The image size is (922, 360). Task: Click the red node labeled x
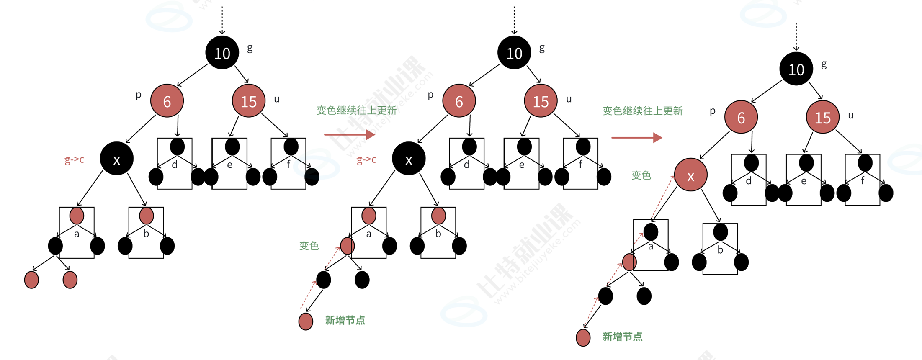690,175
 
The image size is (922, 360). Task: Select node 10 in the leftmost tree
222,53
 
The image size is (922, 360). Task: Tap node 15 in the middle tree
541,101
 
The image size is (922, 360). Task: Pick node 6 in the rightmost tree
741,117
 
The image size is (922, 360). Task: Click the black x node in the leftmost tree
116,159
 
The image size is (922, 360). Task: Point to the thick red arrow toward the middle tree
349,134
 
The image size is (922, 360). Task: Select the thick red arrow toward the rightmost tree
636,137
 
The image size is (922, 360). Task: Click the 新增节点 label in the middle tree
345,320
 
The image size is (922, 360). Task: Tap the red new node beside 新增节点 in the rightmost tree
583,338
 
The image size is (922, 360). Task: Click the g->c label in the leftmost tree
75,159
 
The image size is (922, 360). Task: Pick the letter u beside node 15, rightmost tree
850,116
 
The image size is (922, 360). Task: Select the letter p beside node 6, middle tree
430,95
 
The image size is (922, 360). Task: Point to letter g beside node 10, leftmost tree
250,48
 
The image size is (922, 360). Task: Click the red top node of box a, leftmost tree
77,216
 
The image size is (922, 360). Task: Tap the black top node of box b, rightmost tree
720,232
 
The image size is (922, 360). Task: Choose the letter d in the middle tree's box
467,165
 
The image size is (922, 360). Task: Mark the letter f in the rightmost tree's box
863,181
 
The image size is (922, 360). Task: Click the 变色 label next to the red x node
641,175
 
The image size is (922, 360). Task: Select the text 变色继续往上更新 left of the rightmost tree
642,111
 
